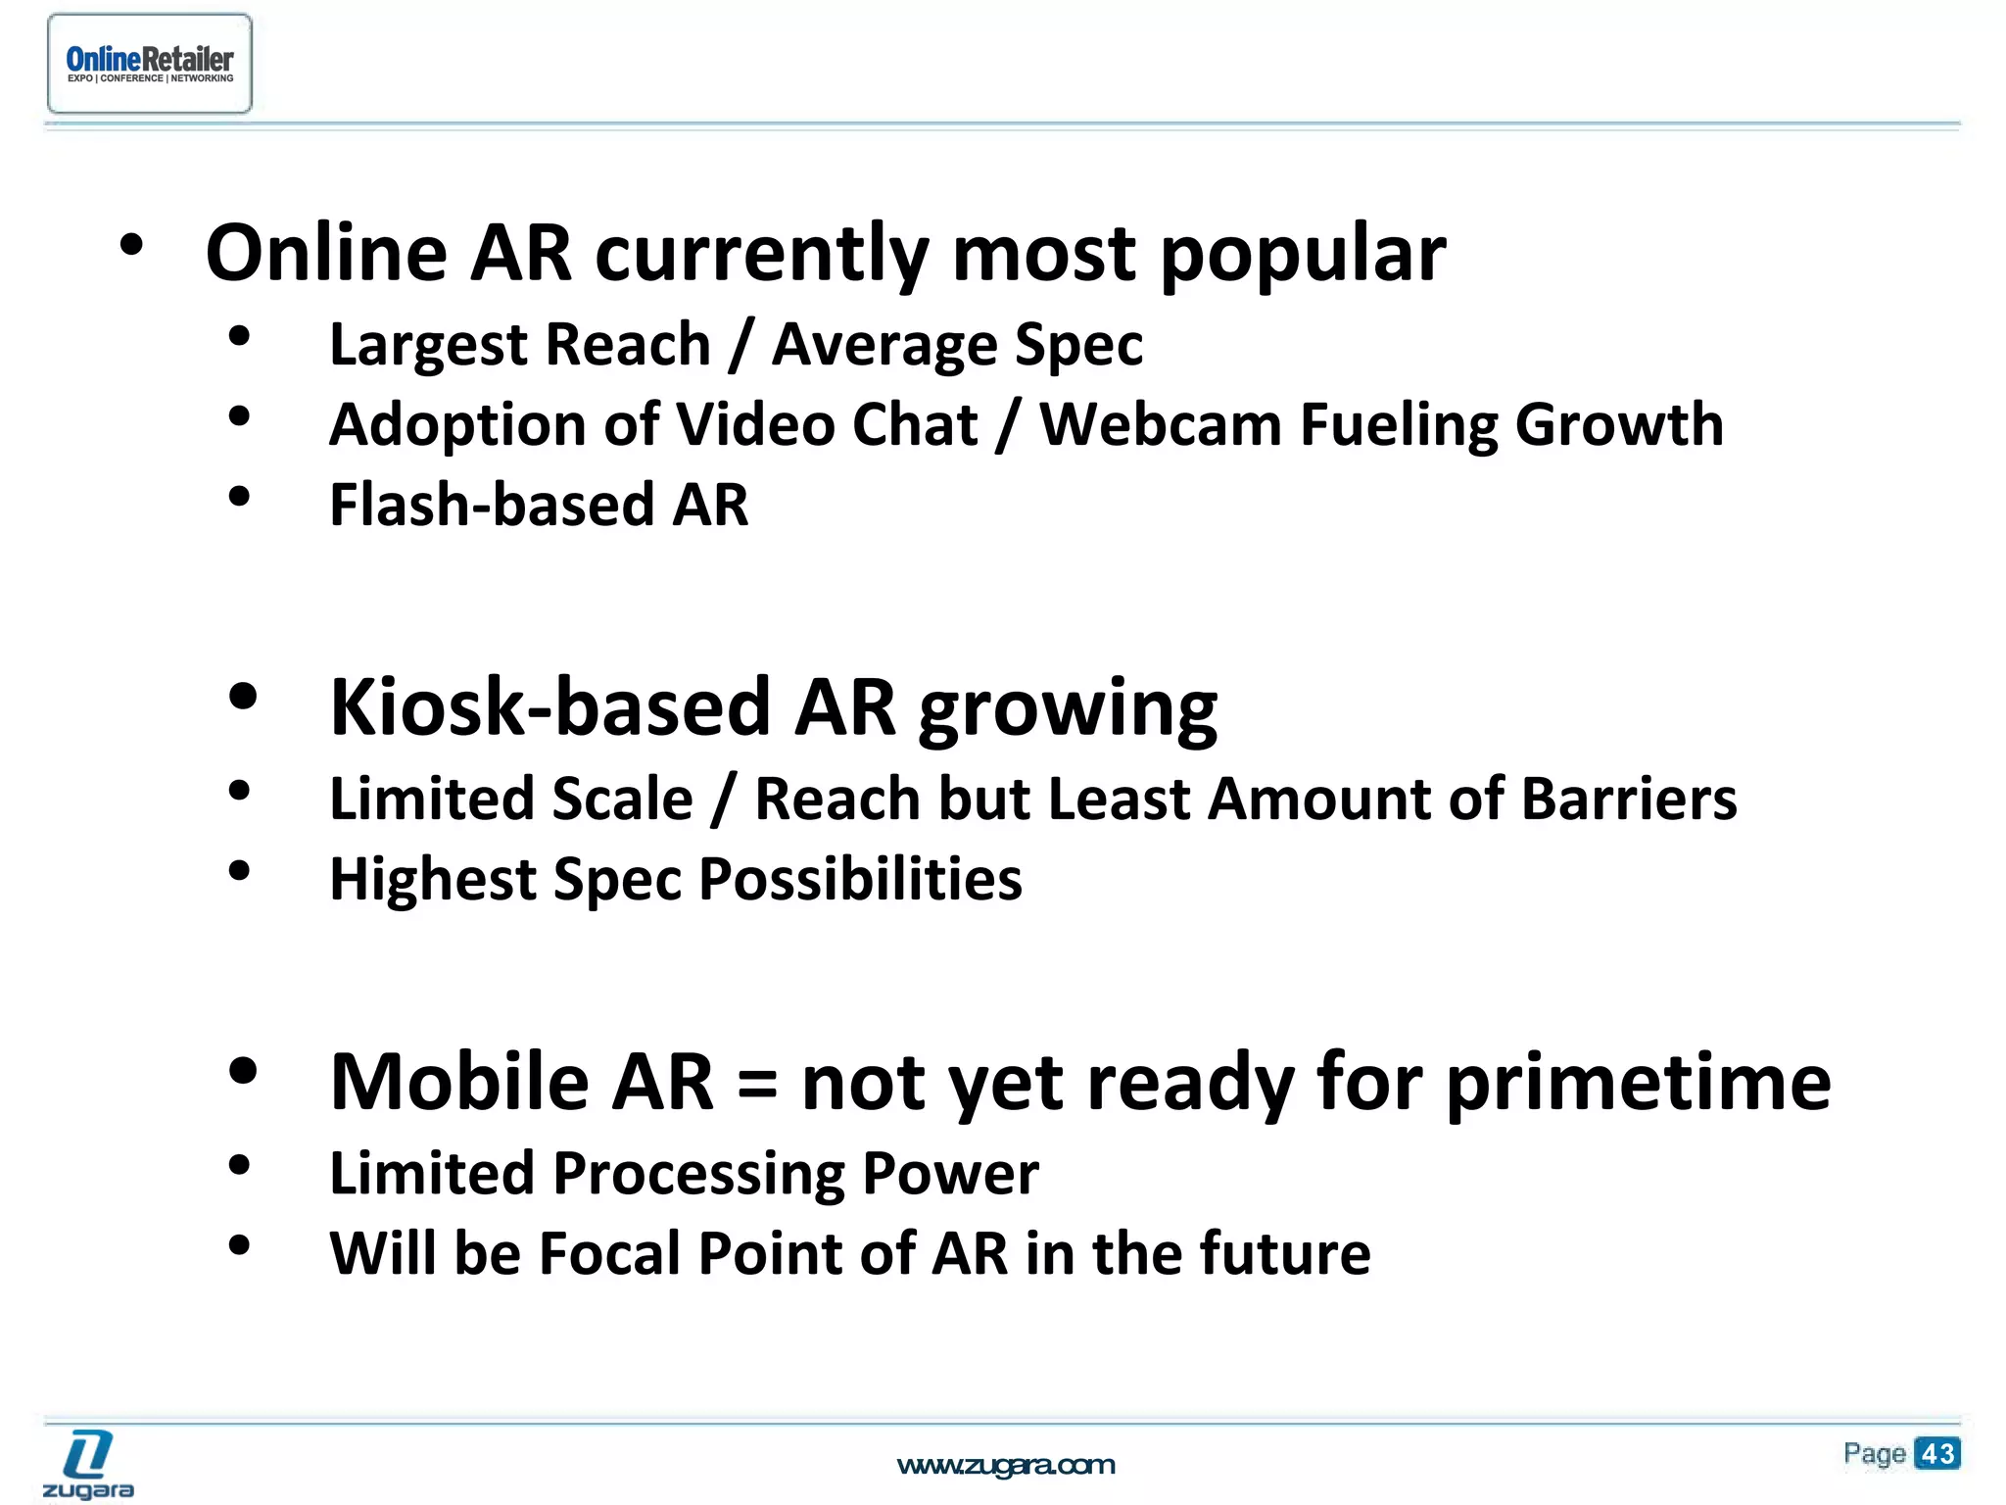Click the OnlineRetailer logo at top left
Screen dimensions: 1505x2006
pos(150,64)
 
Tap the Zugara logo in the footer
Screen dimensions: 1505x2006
pos(88,1464)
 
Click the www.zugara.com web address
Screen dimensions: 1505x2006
pos(1006,1465)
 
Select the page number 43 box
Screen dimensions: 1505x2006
pos(1936,1453)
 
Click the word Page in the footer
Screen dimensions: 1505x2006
pos(1874,1453)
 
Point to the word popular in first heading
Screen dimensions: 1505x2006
pos(1303,255)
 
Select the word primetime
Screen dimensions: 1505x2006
pos(1638,1083)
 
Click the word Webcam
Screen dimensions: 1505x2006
pos(1160,425)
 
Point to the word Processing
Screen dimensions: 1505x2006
pos(697,1174)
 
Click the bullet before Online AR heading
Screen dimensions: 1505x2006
pos(131,246)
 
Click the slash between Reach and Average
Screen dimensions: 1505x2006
pos(740,345)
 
